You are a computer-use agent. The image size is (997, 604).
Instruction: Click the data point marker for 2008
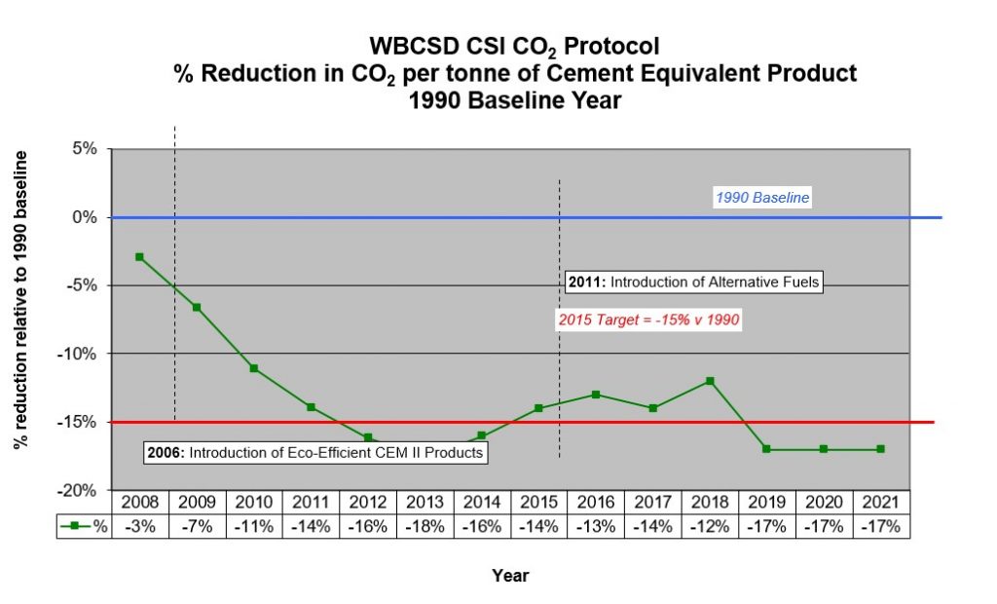pyautogui.click(x=139, y=257)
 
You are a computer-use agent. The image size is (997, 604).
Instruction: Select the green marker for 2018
pyautogui.click(x=710, y=381)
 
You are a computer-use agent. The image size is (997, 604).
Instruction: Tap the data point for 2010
pyautogui.click(x=253, y=368)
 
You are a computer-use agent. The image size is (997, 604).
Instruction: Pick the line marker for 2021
pyautogui.click(x=880, y=449)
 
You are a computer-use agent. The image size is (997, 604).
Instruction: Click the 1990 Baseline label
pyautogui.click(x=762, y=198)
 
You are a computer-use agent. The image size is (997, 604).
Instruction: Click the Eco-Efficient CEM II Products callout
pyautogui.click(x=314, y=453)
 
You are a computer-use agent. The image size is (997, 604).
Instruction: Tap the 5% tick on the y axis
pyautogui.click(x=84, y=149)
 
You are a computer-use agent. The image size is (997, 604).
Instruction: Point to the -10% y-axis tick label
pyautogui.click(x=80, y=354)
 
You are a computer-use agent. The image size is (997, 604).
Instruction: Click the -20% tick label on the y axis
pyautogui.click(x=80, y=490)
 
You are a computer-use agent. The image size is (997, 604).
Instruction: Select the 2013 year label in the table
pyautogui.click(x=425, y=503)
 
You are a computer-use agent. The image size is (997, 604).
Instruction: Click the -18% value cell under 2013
pyautogui.click(x=425, y=526)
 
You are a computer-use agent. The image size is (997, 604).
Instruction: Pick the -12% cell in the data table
pyautogui.click(x=710, y=526)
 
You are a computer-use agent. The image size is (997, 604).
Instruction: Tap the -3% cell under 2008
pyautogui.click(x=139, y=526)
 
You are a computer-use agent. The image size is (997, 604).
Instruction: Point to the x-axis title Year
pyautogui.click(x=510, y=576)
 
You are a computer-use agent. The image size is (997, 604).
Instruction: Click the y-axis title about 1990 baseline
pyautogui.click(x=20, y=300)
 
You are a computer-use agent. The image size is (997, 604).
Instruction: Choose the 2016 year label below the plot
pyautogui.click(x=596, y=503)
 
